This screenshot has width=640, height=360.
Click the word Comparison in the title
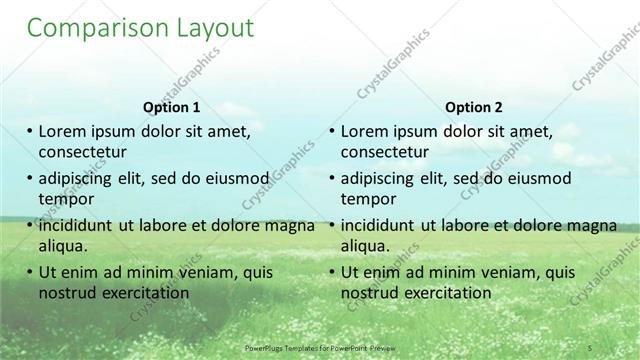pyautogui.click(x=88, y=28)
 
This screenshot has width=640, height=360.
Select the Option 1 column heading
pyautogui.click(x=172, y=107)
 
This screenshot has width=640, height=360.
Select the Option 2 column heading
pyautogui.click(x=474, y=107)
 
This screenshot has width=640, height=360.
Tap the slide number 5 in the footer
pyautogui.click(x=591, y=346)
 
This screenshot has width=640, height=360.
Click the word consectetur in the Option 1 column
pyautogui.click(x=82, y=152)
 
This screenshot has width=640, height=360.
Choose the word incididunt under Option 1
pyautogui.click(x=80, y=225)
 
